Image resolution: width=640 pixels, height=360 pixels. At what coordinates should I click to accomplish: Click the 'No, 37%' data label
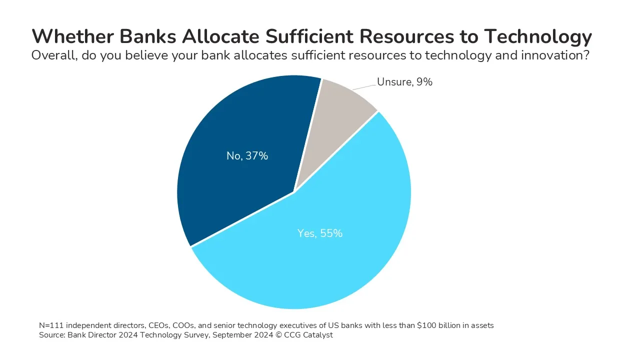click(x=247, y=156)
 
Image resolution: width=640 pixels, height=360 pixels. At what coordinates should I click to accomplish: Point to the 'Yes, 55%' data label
click(x=319, y=233)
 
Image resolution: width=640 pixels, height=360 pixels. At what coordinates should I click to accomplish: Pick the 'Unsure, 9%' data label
click(x=404, y=82)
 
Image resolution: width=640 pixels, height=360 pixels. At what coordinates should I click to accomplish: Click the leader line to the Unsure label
click(x=364, y=87)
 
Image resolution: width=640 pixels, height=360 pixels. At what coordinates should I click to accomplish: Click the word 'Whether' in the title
click(x=73, y=36)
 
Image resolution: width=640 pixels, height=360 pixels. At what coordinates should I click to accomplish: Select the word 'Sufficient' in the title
click(x=309, y=36)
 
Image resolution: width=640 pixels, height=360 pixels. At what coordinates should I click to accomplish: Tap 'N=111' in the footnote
click(x=51, y=325)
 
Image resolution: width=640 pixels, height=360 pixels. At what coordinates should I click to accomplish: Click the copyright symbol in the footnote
click(x=278, y=335)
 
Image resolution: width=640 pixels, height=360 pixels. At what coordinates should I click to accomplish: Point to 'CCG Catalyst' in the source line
click(x=308, y=335)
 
